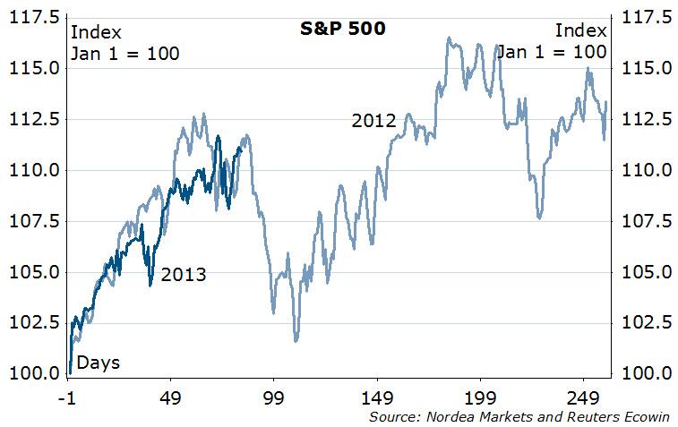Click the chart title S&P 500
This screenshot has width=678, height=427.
tap(342, 29)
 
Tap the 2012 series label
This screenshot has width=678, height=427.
tap(373, 120)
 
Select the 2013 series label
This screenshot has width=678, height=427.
tap(183, 275)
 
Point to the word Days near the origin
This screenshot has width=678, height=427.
tap(99, 363)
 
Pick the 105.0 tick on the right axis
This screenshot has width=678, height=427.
tap(644, 272)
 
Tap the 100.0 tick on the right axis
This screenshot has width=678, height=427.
tap(644, 373)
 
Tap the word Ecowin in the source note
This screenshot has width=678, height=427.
tap(639, 416)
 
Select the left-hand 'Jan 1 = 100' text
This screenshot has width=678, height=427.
tap(124, 53)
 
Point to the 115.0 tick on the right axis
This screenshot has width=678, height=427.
tap(644, 68)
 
